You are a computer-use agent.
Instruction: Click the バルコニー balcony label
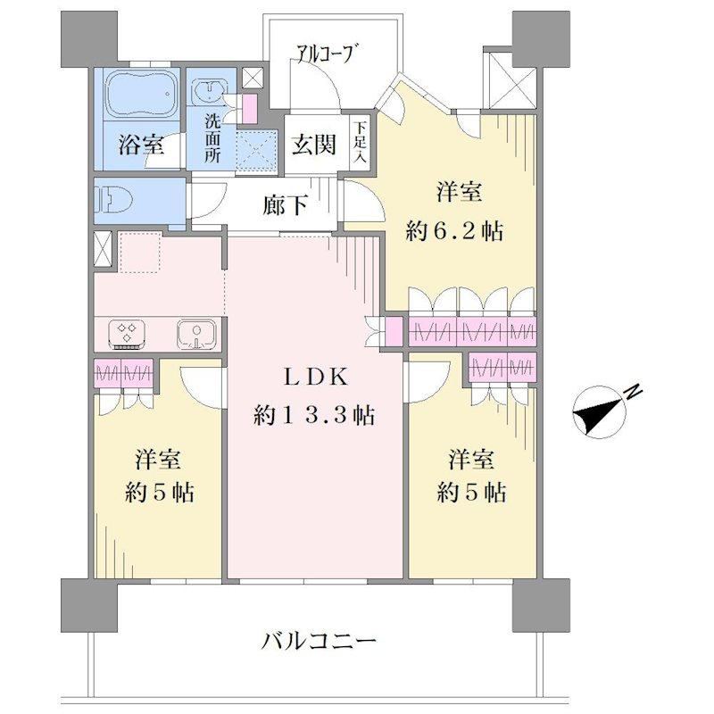pos(320,642)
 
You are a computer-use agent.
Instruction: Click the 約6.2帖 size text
pos(455,232)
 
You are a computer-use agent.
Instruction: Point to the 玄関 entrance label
pos(315,145)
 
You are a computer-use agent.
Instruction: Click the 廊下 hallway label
pos(286,205)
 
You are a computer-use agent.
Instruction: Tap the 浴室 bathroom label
pos(141,145)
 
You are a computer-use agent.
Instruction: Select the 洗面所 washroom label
pos(212,138)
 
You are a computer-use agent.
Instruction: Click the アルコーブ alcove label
pos(326,54)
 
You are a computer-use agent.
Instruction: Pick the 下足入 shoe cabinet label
pos(361,142)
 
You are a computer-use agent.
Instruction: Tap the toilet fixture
pos(113,200)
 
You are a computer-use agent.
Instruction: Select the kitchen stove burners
pos(127,334)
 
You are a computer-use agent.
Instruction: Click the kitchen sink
pos(196,334)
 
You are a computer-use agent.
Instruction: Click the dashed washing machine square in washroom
pos(257,151)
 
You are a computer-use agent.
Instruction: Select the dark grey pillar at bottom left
pos(89,605)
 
